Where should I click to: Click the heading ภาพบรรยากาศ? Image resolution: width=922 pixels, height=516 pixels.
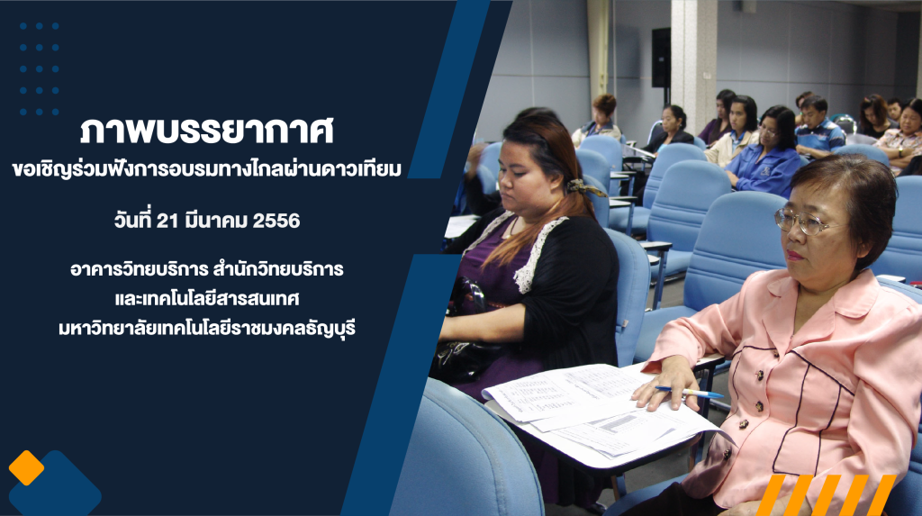(207, 131)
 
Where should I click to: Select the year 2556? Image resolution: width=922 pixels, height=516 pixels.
(276, 221)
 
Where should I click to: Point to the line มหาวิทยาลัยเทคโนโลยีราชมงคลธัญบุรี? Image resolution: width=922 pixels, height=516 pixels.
(207, 328)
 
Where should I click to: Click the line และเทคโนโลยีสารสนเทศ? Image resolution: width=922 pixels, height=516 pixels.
(207, 298)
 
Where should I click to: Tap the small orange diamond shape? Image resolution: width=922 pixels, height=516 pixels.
(26, 467)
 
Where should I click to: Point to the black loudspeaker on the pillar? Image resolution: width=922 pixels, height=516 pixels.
(661, 57)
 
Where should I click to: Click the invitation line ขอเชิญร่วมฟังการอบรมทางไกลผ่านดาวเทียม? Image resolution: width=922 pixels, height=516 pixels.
(207, 169)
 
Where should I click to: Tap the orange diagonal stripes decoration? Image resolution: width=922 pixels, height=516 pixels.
(827, 494)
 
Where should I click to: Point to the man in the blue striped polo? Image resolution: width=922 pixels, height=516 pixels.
(818, 128)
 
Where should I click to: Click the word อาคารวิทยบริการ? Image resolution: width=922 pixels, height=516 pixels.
(140, 269)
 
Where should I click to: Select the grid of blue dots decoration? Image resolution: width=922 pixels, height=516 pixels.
(39, 68)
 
